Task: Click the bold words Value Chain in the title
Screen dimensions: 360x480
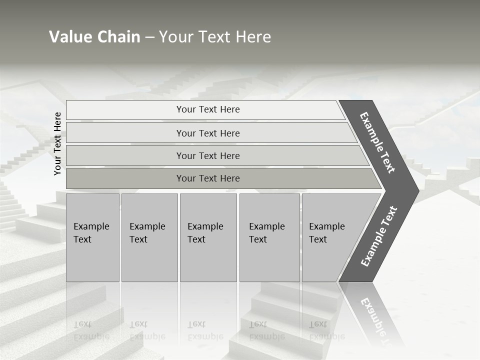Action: (x=94, y=37)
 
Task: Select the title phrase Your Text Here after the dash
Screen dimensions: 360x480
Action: (x=215, y=37)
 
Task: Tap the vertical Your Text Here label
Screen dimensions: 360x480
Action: (x=57, y=143)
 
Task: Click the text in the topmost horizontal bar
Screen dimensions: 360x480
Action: (x=208, y=109)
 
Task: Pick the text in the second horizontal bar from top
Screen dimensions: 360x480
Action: (x=208, y=133)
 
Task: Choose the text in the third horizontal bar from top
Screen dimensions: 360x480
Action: (x=208, y=156)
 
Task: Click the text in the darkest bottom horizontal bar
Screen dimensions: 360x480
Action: (x=208, y=178)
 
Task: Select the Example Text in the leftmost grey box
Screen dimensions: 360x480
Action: (x=91, y=233)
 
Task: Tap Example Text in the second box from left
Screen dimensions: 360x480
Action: (x=147, y=233)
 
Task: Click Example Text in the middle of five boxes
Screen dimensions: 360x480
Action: (x=205, y=233)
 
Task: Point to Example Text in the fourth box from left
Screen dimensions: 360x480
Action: (x=266, y=233)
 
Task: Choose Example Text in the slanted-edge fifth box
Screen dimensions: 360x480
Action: (x=326, y=233)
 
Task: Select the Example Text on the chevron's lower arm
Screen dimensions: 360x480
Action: (x=379, y=236)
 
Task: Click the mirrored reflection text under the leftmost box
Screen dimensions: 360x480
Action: (x=91, y=330)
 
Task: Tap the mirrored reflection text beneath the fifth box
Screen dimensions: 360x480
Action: (x=326, y=330)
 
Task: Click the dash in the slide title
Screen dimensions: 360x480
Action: (x=149, y=37)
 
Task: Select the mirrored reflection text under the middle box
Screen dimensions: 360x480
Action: (x=205, y=330)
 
